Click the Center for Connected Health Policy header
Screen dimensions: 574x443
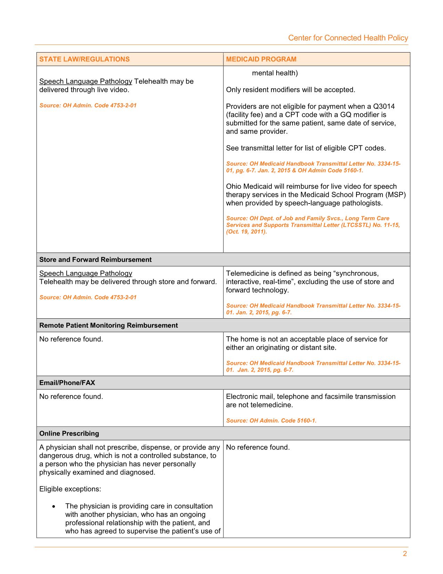click(x=348, y=38)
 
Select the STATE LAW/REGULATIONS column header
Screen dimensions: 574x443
click(x=84, y=59)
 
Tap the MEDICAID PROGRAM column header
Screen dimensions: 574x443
click(x=261, y=59)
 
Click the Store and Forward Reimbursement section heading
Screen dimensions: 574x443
click(x=95, y=260)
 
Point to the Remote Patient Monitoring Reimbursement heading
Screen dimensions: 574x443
click(x=108, y=325)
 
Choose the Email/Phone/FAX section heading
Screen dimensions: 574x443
click(x=67, y=383)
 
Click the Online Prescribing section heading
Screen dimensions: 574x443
click(x=69, y=433)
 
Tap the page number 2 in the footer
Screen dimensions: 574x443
click(x=404, y=554)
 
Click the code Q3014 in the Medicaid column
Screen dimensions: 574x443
click(x=384, y=106)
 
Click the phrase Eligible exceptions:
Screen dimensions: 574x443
click(x=70, y=489)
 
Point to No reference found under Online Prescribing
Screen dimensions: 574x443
click(x=257, y=447)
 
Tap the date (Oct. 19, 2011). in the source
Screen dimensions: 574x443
click(x=246, y=232)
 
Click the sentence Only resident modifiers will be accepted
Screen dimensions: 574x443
click(x=290, y=90)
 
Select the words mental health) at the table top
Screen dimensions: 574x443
click(x=274, y=73)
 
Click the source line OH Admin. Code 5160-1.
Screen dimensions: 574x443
click(x=271, y=421)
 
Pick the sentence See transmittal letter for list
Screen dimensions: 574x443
click(x=306, y=148)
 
